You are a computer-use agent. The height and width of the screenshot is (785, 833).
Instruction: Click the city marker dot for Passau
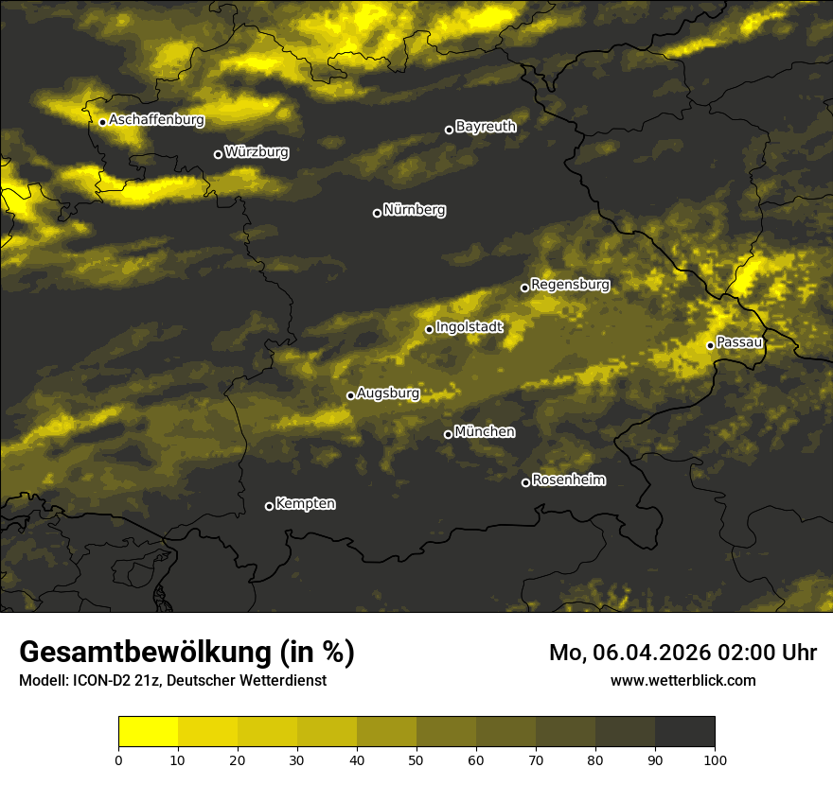(710, 345)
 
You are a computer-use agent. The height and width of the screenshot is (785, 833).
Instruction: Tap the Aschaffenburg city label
(156, 120)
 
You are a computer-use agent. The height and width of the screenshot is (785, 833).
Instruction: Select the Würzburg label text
(257, 151)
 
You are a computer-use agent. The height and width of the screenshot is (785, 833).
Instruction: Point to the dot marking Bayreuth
(449, 130)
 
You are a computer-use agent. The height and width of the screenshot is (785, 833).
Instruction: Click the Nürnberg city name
(414, 210)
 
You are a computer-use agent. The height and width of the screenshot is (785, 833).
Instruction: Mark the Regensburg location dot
(524, 288)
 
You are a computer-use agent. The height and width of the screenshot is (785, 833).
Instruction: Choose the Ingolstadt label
(469, 327)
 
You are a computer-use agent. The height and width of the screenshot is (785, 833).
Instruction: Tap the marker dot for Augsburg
(350, 395)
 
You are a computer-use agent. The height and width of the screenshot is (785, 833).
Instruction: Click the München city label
(485, 432)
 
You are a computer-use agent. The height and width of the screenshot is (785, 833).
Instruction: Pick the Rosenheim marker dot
(525, 483)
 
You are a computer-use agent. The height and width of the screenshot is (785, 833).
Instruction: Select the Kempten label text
(305, 503)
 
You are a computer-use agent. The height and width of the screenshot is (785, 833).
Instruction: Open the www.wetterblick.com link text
(682, 680)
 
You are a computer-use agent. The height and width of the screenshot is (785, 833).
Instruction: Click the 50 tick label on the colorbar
(416, 759)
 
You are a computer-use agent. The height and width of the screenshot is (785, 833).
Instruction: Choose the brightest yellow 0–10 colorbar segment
(148, 731)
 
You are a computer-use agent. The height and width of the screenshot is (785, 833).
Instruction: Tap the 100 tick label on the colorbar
(715, 759)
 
